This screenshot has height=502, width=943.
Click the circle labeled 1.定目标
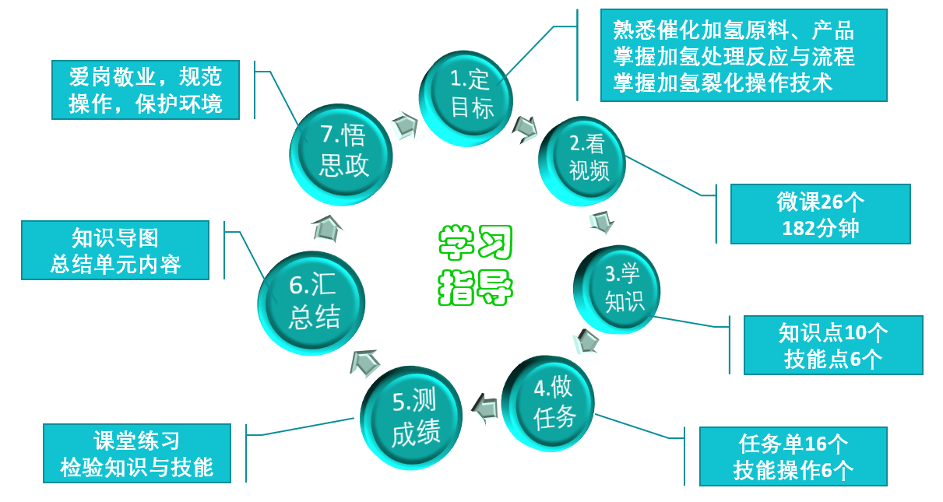470,95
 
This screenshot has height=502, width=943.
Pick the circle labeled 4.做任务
553,404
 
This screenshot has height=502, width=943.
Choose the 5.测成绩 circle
413,418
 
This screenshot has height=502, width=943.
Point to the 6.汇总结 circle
312,302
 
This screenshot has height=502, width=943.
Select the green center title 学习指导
475,265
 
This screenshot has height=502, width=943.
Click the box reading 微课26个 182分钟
820,214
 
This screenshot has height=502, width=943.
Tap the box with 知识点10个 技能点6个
832,345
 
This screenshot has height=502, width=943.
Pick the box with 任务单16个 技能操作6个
793,457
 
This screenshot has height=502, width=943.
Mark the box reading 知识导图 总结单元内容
115,250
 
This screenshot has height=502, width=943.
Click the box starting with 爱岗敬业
146,90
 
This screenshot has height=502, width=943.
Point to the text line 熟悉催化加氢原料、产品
734,31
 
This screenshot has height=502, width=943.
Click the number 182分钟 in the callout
821,228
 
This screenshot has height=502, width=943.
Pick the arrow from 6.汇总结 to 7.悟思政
326,227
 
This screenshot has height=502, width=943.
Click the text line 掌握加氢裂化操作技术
723,82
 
